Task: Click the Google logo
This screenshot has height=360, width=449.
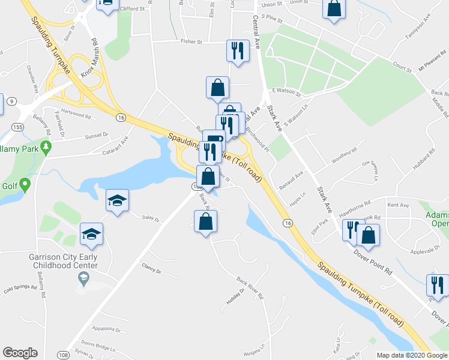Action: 20,353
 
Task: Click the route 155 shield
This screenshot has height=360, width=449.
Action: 17,128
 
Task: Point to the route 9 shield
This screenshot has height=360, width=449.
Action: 12,101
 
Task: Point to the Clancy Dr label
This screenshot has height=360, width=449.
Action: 151,268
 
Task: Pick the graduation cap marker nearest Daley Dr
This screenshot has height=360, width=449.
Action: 117,200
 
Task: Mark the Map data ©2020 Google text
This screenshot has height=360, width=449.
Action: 411,355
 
